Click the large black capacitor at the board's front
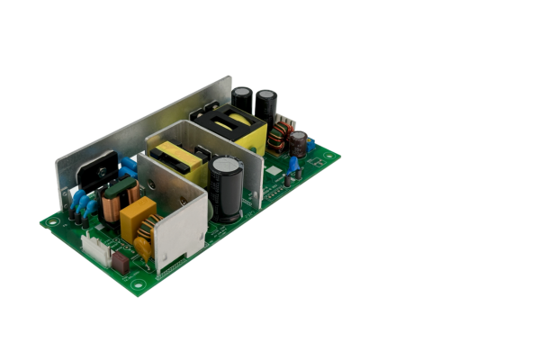point(227,189)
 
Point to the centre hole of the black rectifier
point(100,168)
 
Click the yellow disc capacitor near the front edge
point(143,248)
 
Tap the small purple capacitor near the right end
point(298,141)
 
